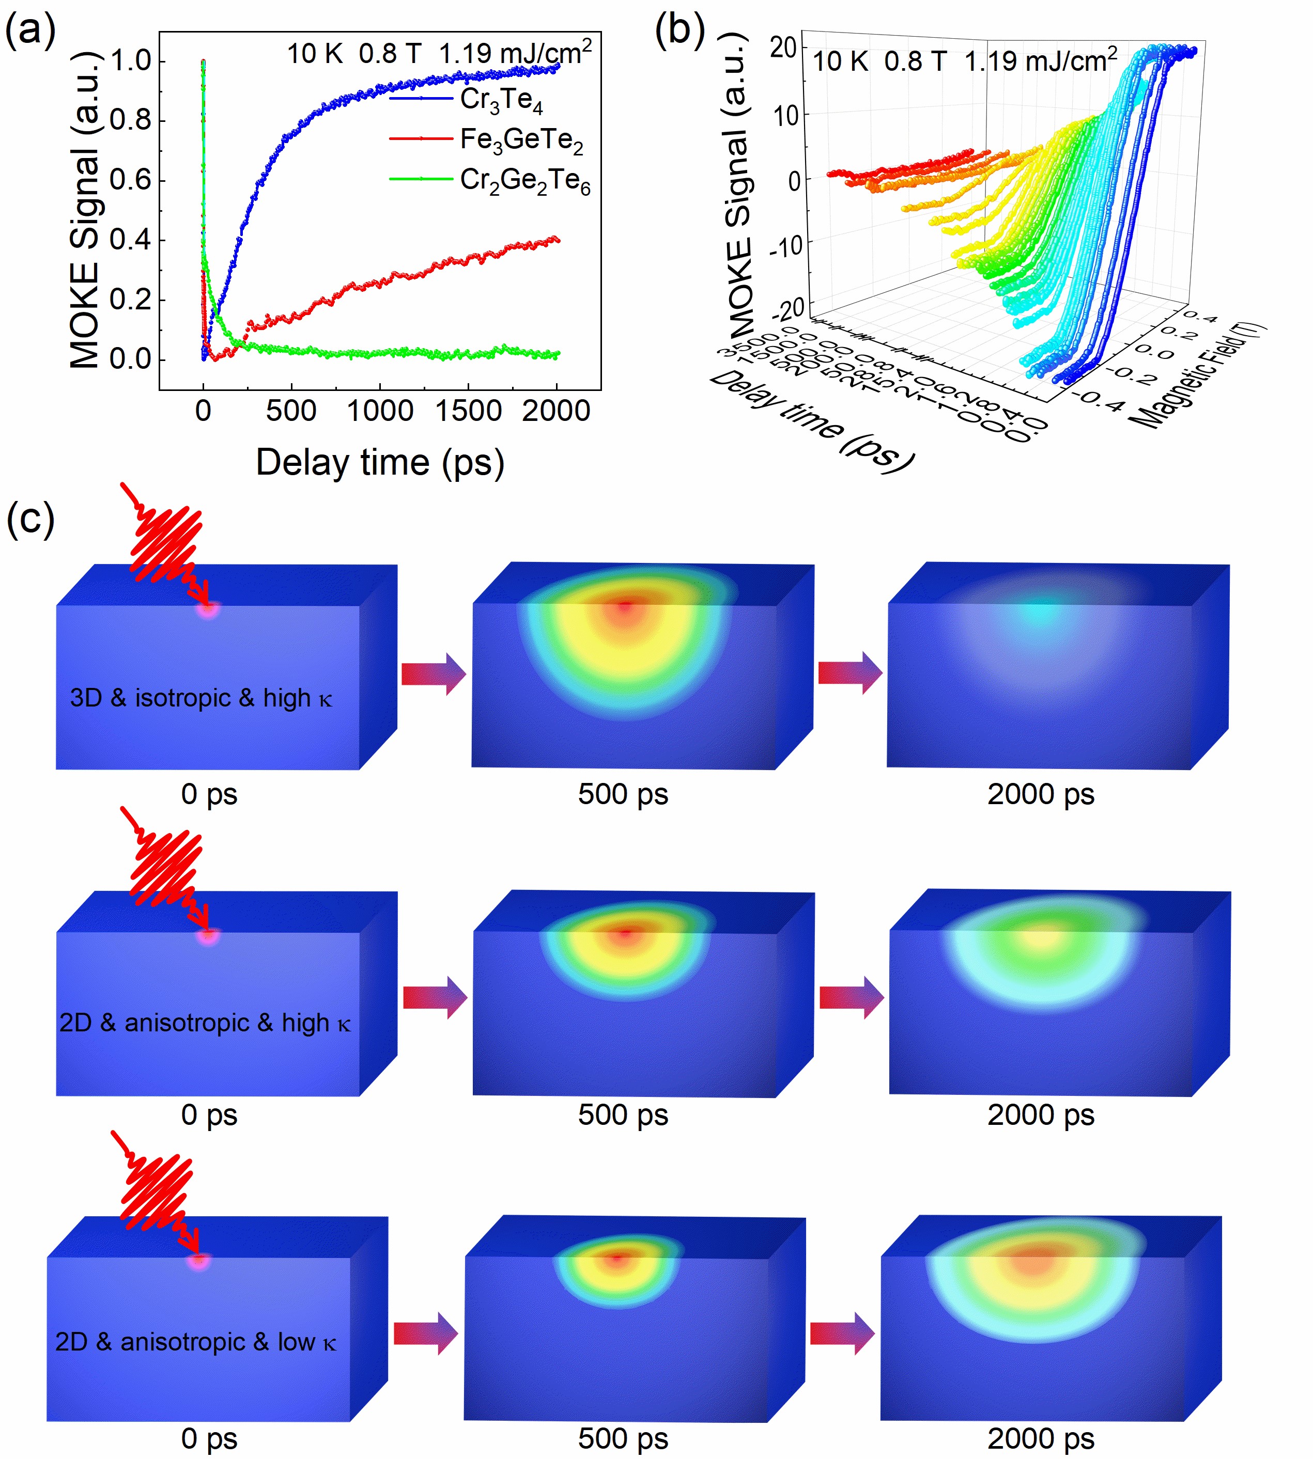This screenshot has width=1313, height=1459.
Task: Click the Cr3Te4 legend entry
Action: pos(501,100)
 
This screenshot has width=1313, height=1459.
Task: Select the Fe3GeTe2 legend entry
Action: pos(521,140)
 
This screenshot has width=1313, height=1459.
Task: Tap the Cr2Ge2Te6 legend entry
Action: pos(524,180)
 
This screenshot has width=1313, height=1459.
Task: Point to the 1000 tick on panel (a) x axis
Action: pos(380,411)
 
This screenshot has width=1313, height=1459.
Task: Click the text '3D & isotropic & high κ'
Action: pos(200,698)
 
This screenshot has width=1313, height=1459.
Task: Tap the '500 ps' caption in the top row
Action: pos(623,794)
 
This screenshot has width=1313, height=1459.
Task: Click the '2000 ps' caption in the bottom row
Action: pos(1040,1438)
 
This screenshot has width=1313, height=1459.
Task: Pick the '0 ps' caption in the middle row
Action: pos(209,1115)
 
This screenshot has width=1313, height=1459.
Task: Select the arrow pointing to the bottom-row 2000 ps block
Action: pos(842,1334)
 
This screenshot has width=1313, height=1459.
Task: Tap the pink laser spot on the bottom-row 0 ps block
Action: pos(198,1261)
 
